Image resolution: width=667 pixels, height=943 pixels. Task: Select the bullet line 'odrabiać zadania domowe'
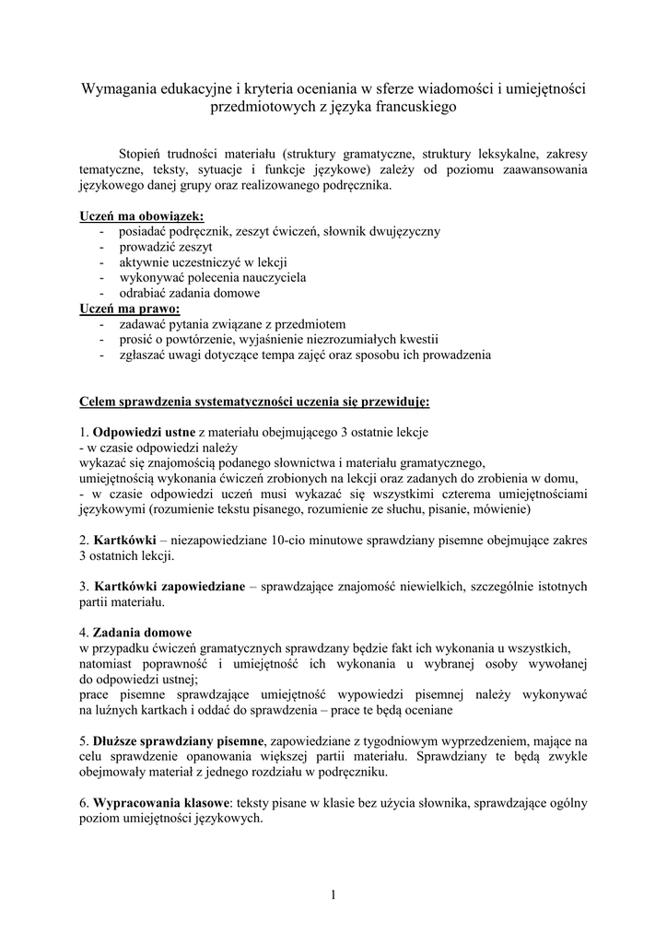tap(190, 293)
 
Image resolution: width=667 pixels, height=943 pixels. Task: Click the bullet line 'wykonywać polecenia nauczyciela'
tap(213, 277)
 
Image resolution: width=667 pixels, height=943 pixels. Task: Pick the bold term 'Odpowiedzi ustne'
tap(144, 432)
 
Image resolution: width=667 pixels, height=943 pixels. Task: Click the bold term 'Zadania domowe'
tap(143, 633)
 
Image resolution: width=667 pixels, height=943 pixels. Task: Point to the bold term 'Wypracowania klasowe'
tap(162, 803)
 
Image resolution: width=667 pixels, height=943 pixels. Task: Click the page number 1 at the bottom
tap(333, 894)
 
